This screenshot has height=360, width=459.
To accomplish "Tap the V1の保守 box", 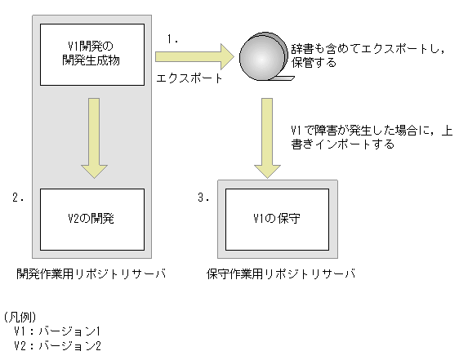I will pyautogui.click(x=278, y=219).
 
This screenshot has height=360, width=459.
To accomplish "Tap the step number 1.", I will pyautogui.click(x=172, y=38).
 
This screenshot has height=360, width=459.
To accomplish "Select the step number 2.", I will pyautogui.click(x=20, y=198).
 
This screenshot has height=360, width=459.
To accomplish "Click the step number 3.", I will pyautogui.click(x=206, y=198).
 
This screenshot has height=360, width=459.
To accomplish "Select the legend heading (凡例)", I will pyautogui.click(x=18, y=316).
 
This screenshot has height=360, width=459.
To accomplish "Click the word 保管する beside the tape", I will pyautogui.click(x=313, y=62).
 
